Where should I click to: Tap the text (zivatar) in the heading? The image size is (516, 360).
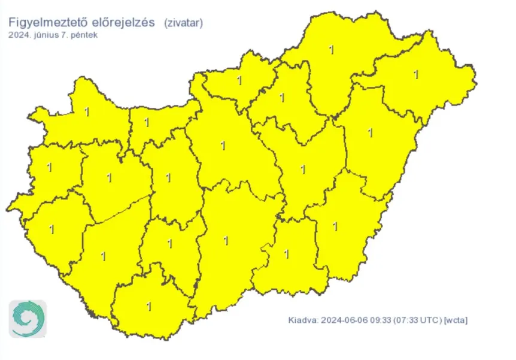tap(183, 23)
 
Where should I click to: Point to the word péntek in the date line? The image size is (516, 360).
tap(86, 35)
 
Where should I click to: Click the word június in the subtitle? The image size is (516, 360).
tap(47, 35)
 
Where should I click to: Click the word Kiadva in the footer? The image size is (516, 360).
tap(301, 320)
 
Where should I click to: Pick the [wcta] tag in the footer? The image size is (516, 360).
tap(456, 320)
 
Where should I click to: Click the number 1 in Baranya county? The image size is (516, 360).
tap(149, 307)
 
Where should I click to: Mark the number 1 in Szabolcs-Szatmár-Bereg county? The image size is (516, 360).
tap(416, 75)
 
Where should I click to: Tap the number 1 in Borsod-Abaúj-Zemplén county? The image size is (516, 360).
tap(332, 50)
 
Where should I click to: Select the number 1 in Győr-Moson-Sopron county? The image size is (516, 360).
tap(87, 111)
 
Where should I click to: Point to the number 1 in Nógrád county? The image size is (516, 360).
tap(239, 80)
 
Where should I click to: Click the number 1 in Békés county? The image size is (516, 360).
tap(335, 226)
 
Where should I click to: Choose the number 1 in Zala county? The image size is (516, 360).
tap(52, 229)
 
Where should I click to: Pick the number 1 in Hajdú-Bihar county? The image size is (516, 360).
tap(370, 132)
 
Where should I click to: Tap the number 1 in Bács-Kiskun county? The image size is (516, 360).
tap(226, 241)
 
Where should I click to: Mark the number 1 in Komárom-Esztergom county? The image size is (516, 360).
tap(147, 122)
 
